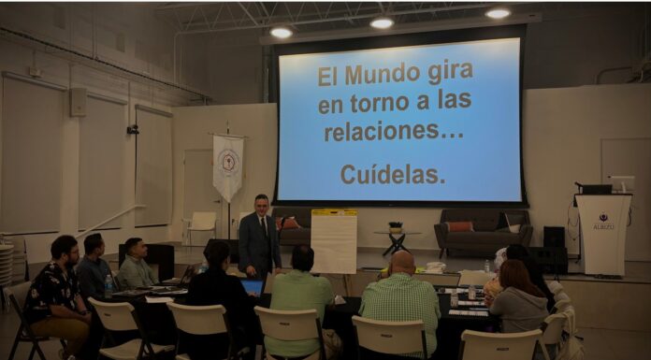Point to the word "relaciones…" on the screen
tap(394, 132)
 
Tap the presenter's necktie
tap(262, 225)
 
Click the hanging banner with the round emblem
tap(227, 167)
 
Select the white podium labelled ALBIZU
tap(602, 234)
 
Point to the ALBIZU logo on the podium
tap(603, 223)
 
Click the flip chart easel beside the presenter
tap(334, 241)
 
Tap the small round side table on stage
tap(397, 240)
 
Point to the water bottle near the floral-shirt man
tap(108, 285)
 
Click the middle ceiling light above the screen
tap(382, 22)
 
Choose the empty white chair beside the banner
tap(201, 226)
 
